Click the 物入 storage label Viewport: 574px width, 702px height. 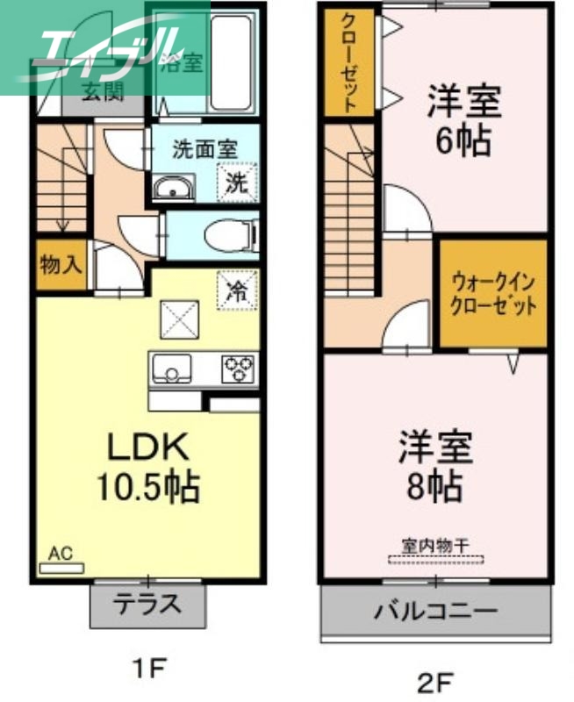[61, 266]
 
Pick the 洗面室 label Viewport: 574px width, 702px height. [204, 149]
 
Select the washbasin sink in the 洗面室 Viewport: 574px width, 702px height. [176, 187]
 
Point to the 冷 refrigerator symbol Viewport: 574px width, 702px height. [236, 290]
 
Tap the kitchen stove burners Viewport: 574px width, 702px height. [238, 368]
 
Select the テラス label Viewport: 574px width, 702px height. [148, 604]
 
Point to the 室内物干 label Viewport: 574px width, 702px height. [435, 545]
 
